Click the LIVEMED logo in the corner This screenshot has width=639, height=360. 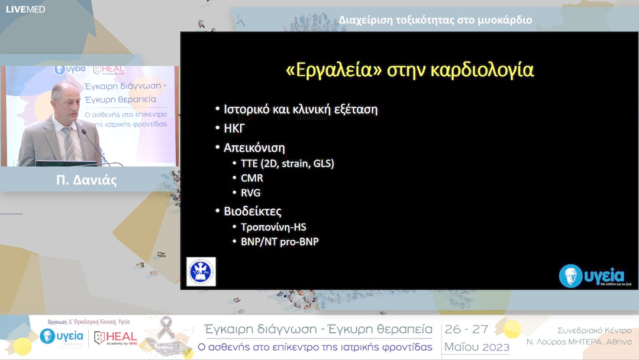coord(25,9)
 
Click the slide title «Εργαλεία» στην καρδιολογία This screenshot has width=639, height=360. coord(409,70)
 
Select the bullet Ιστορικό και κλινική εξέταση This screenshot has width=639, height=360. coord(300,110)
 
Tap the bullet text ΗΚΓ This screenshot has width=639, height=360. coord(234,128)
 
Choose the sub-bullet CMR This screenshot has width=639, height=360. coord(251,178)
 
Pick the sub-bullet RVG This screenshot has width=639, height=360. coord(250,193)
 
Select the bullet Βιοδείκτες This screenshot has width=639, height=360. coord(252,211)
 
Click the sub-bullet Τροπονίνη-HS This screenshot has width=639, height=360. coord(273,227)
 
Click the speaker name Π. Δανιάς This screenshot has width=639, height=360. coord(90,180)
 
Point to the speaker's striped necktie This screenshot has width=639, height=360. coord(69,143)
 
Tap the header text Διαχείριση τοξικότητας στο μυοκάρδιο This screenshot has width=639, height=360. coord(435,20)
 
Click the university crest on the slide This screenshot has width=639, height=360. coord(201,272)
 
